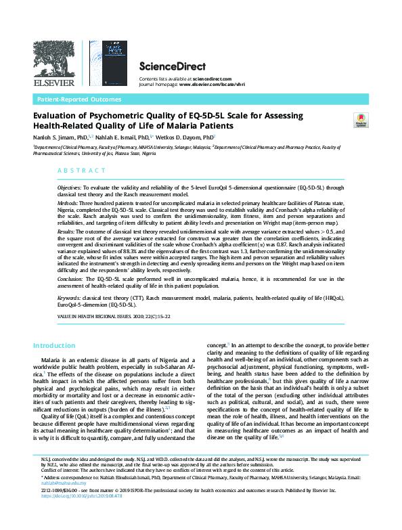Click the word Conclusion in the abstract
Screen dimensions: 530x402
pos(70,278)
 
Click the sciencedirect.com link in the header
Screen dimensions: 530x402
pos(208,80)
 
